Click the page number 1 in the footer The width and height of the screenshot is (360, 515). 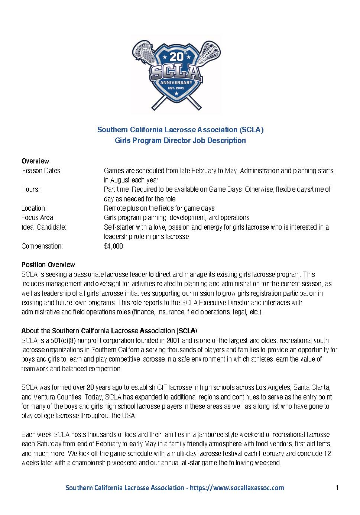[337, 488]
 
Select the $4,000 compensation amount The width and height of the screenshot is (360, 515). [113, 246]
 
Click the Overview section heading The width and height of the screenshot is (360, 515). [35, 161]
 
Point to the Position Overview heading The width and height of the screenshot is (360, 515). [48, 265]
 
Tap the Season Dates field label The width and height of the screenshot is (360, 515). [42, 171]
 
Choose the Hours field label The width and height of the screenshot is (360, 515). [30, 189]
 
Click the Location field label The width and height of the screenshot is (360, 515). [34, 208]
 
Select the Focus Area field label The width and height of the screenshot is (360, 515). [38, 217]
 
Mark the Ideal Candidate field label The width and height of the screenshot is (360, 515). [44, 227]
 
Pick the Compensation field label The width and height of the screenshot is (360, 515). [42, 246]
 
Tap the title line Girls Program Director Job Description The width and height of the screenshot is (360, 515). [180, 140]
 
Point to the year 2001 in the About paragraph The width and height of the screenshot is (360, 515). [173, 340]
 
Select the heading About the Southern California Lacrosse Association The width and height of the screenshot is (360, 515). [109, 331]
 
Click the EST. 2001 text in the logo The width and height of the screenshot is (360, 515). [176, 88]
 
